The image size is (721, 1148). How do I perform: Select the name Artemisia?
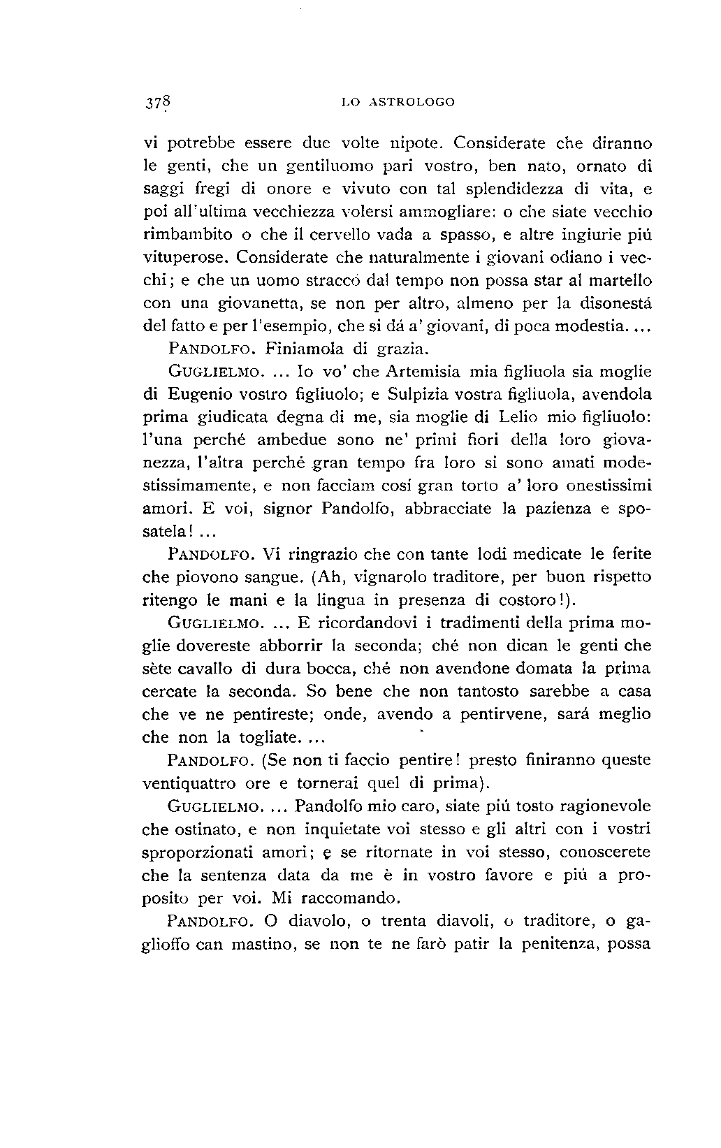click(425, 371)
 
